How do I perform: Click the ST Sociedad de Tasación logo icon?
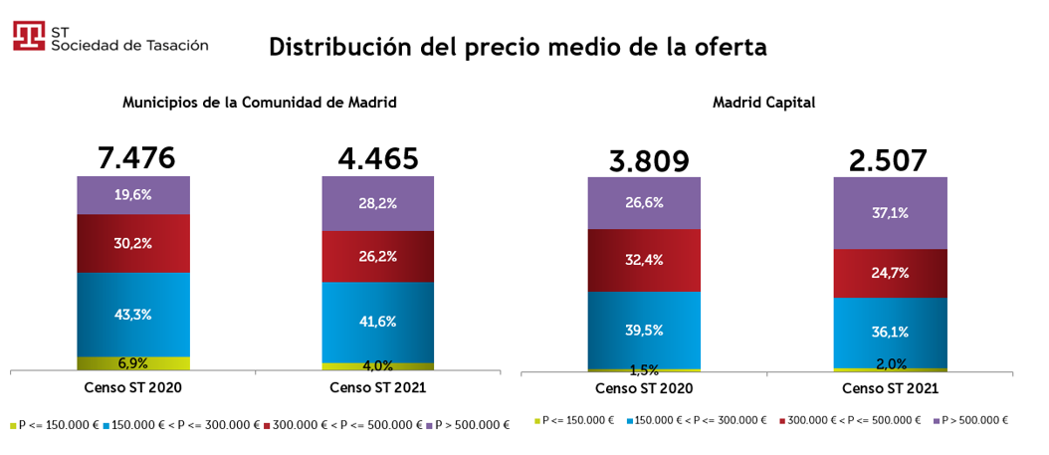click(x=28, y=36)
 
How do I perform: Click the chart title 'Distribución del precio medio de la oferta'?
click(x=518, y=47)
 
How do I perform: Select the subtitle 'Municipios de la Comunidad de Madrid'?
click(x=260, y=102)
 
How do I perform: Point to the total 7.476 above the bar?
click(x=135, y=157)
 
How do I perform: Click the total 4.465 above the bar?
click(x=379, y=157)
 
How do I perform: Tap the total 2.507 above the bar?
click(x=889, y=159)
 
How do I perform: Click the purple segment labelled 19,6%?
click(x=133, y=195)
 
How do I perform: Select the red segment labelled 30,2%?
click(x=133, y=243)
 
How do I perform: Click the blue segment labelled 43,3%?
click(x=133, y=314)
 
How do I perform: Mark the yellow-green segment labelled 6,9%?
click(x=133, y=363)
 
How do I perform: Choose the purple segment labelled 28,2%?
click(x=378, y=203)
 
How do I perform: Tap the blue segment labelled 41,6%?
click(x=378, y=322)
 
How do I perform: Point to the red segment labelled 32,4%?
click(x=644, y=260)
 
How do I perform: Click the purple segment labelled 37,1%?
click(x=890, y=213)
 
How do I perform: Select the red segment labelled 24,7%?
click(x=890, y=273)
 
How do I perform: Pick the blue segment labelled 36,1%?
click(x=890, y=332)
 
